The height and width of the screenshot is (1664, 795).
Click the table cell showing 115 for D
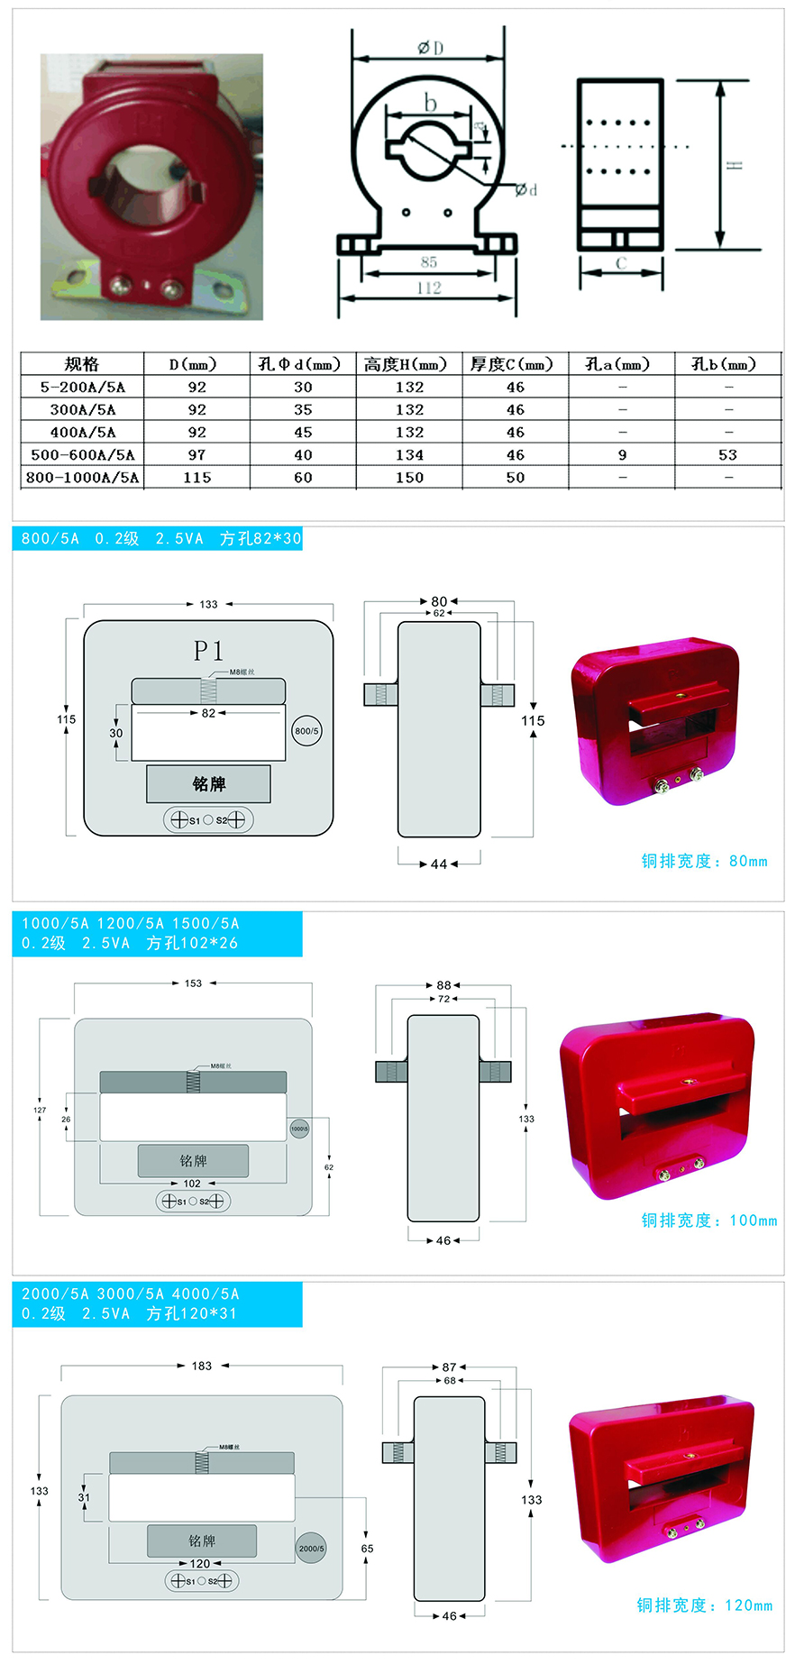196,478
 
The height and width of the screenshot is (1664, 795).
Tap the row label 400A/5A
82,433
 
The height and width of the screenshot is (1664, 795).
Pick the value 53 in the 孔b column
727,455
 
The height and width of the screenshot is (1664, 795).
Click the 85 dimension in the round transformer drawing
429,262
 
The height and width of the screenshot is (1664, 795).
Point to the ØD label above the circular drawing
430,48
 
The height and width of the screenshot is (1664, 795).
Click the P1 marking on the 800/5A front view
208,650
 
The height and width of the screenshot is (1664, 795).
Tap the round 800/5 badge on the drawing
306,731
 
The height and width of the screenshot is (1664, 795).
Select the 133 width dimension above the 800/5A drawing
208,604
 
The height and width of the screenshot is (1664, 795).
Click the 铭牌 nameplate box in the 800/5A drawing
208,784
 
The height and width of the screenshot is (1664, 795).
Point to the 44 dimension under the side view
439,864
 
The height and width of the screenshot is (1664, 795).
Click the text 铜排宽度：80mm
704,861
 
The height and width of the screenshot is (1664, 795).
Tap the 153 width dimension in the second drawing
193,983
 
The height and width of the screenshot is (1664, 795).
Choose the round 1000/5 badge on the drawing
299,1129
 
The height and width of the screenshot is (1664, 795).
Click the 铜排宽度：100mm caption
708,1221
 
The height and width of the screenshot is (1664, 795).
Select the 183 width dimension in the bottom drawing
201,1366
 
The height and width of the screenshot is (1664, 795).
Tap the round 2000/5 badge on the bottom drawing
311,1549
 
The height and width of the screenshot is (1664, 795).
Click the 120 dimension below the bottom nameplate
200,1564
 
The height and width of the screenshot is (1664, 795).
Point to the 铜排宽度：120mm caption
704,1605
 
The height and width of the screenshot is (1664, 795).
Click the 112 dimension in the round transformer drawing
429,288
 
